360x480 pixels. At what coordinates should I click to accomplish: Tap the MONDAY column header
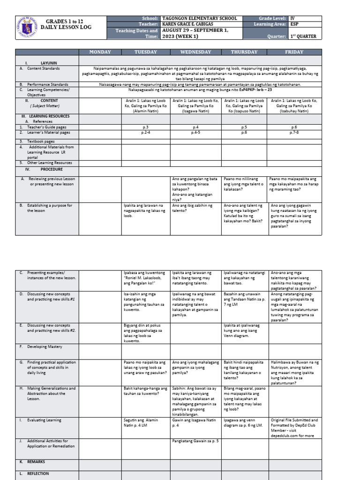(x=100, y=52)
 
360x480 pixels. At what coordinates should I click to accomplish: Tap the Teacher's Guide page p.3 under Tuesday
(x=145, y=127)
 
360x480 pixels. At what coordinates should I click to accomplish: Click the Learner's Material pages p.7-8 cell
(x=294, y=133)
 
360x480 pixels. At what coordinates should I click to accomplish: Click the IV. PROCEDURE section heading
(x=48, y=169)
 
